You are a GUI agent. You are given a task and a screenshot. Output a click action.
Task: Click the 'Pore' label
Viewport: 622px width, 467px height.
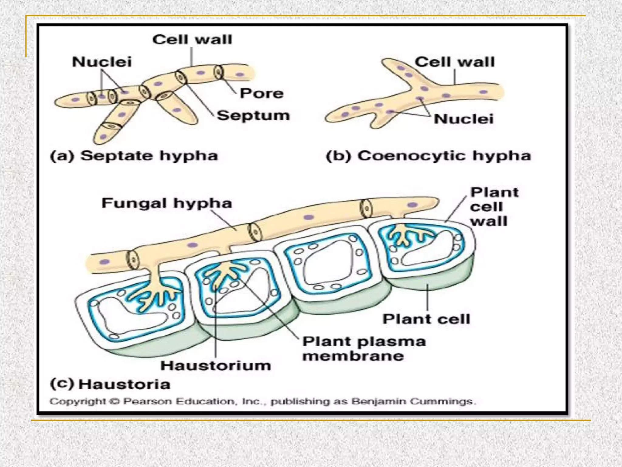(261, 93)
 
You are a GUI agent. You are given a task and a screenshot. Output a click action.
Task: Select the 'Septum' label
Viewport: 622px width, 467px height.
(253, 116)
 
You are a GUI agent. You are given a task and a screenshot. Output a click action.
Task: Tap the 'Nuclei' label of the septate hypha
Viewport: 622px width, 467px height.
(102, 62)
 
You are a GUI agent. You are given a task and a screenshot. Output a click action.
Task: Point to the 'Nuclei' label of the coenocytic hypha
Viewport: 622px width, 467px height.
(463, 119)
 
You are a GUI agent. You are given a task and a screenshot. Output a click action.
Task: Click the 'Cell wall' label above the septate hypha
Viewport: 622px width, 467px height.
(192, 40)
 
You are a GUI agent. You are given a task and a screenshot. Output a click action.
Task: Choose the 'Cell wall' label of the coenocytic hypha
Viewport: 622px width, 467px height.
(455, 62)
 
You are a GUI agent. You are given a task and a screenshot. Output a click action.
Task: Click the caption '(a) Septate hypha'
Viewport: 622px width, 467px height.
(134, 156)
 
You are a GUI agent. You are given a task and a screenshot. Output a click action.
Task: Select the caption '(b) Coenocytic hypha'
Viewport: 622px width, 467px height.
(428, 156)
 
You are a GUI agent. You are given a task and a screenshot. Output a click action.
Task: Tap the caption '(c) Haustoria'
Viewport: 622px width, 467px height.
(110, 384)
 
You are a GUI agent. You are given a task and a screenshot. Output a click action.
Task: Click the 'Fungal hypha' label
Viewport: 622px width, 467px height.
(167, 203)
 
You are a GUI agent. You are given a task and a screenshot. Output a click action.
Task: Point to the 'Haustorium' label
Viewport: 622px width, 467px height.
(216, 366)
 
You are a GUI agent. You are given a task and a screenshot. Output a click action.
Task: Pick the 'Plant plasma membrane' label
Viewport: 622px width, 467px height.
(364, 348)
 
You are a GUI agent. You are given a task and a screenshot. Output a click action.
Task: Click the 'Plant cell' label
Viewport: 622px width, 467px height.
(426, 319)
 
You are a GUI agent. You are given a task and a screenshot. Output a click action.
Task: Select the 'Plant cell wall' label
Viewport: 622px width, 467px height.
(494, 207)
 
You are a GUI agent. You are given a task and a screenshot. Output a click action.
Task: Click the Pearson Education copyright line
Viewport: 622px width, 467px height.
(263, 401)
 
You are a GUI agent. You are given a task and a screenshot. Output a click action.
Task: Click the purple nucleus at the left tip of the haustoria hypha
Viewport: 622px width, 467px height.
(104, 262)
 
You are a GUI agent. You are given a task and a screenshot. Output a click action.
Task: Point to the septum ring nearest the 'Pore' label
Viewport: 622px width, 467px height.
(218, 72)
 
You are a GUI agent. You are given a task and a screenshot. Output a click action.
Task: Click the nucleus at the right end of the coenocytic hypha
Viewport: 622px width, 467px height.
(483, 92)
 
